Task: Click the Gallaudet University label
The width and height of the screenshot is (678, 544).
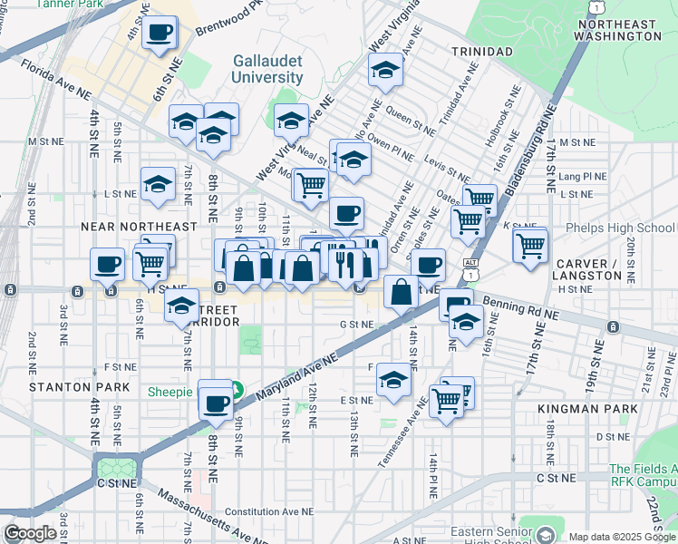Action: [266, 68]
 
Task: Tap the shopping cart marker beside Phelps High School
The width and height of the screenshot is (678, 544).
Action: [530, 244]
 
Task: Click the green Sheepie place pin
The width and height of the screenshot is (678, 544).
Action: [236, 392]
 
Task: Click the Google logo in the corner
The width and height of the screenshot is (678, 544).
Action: [30, 533]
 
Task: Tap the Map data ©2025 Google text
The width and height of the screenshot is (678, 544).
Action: [621, 537]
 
